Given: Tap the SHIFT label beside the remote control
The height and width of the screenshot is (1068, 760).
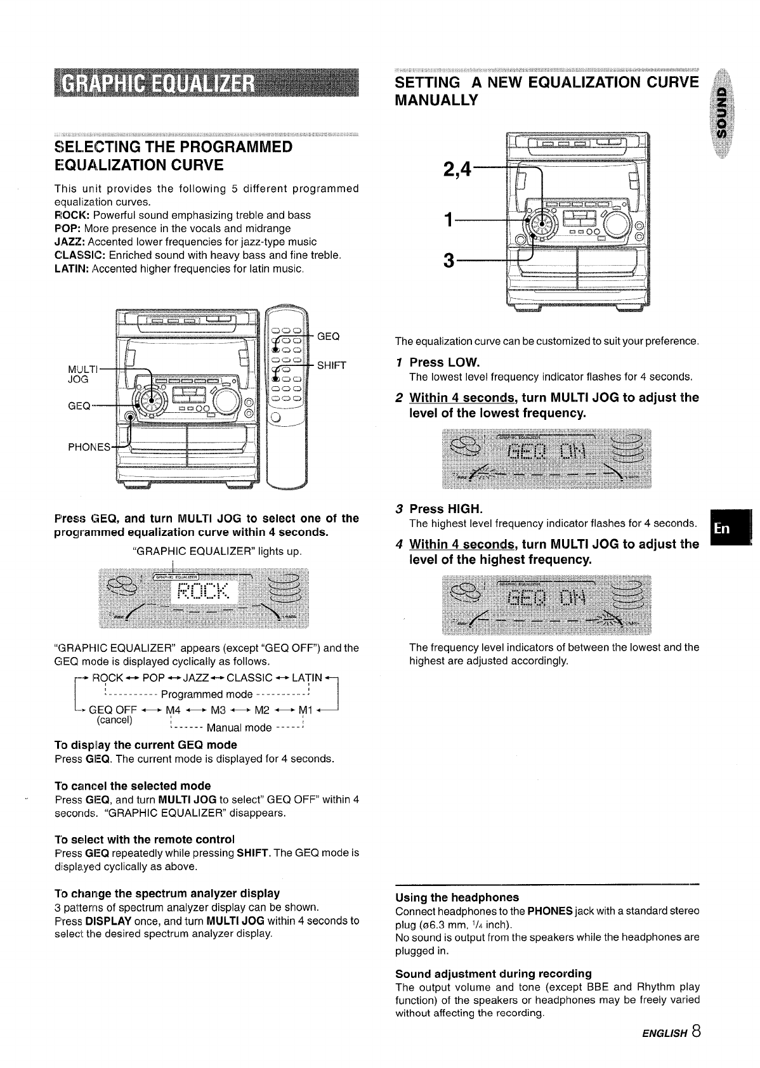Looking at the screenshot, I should point(332,365).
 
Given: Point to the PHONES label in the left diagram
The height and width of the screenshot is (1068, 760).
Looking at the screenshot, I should point(89,446).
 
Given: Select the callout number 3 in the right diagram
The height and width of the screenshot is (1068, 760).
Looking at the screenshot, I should point(449,261).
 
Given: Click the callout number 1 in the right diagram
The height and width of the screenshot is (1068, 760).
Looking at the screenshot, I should point(449,221).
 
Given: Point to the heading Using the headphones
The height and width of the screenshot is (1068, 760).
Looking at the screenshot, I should point(457,897).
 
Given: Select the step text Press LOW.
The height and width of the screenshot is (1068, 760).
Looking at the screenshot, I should point(445,362).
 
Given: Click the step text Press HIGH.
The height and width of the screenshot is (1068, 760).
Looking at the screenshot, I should point(446,509).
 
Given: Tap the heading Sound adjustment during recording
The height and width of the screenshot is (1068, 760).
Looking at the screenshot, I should point(493,973).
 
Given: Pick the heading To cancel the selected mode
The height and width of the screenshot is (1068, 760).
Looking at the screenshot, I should point(133,785).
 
